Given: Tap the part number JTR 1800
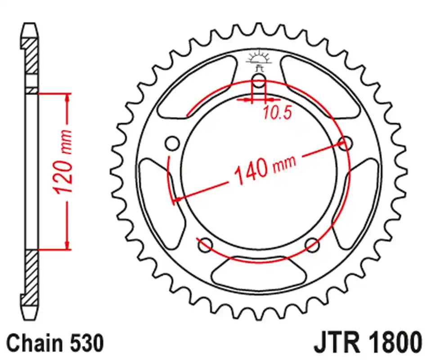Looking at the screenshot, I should click(367, 343).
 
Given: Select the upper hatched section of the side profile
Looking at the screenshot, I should click(31, 56).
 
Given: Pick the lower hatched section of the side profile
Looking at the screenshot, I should click(31, 272).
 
